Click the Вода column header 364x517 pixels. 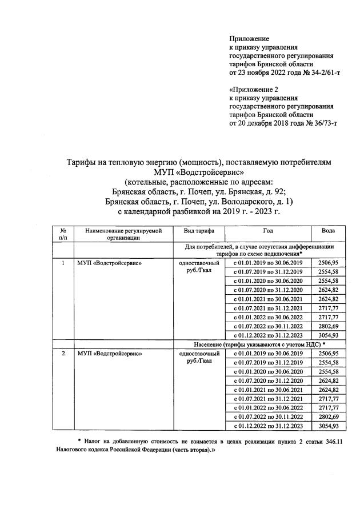tap(328, 231)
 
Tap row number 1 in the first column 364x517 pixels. tap(63, 262)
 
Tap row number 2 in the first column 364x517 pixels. tap(63, 354)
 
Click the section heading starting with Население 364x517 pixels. tap(259, 344)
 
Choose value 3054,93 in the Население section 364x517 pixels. tap(328, 426)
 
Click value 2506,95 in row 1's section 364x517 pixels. tap(328, 262)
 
